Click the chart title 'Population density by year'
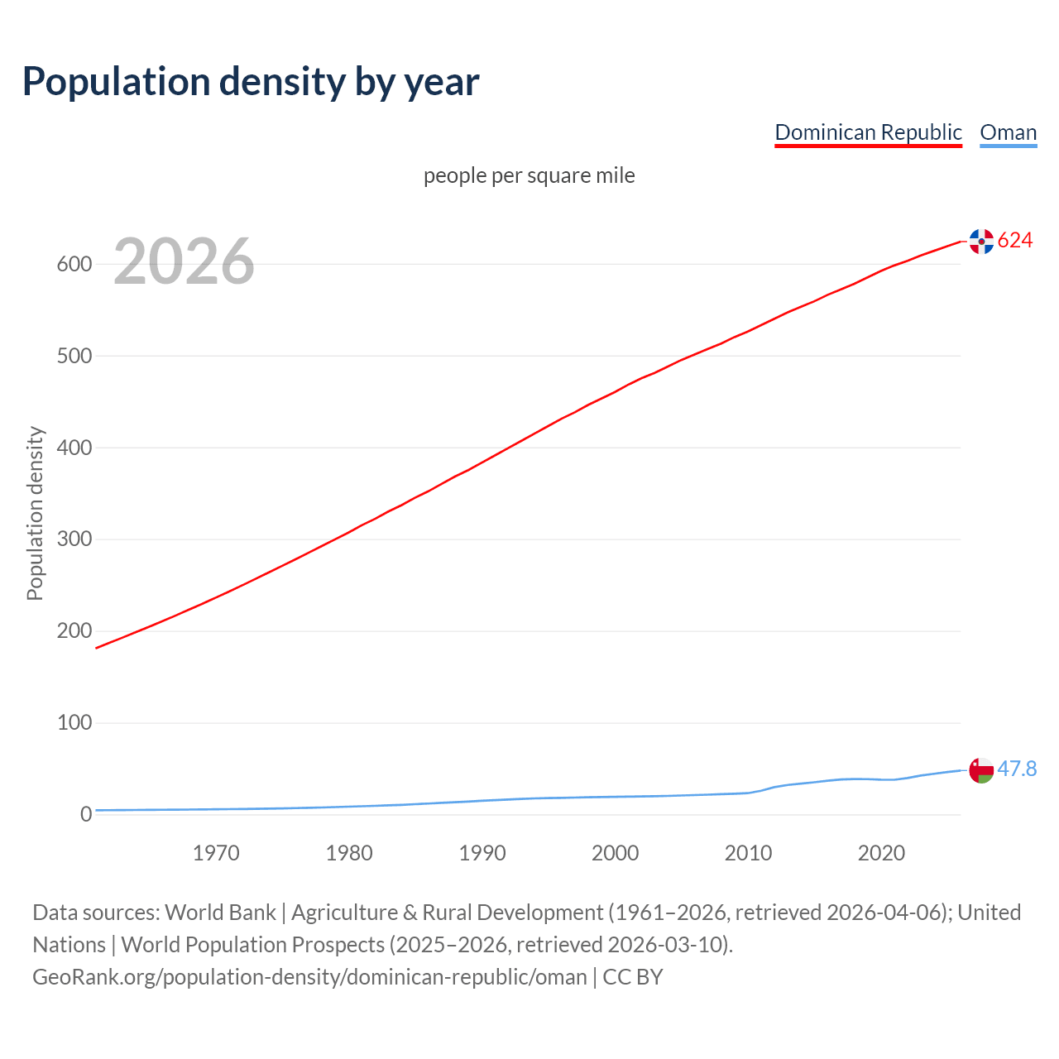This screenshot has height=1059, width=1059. pyautogui.click(x=251, y=81)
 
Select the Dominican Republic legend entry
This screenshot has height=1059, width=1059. pyautogui.click(x=868, y=132)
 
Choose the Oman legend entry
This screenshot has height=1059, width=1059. pyautogui.click(x=1008, y=132)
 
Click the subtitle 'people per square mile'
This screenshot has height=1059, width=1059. pyautogui.click(x=529, y=175)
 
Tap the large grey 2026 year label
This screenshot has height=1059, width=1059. pyautogui.click(x=184, y=262)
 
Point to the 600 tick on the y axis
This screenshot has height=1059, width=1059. pyautogui.click(x=74, y=264)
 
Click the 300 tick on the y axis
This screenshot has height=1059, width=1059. pyautogui.click(x=74, y=539)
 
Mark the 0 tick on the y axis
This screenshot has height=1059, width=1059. pyautogui.click(x=86, y=814)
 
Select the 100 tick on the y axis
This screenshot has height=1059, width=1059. pyautogui.click(x=74, y=722)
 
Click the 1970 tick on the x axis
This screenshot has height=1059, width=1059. pyautogui.click(x=216, y=853)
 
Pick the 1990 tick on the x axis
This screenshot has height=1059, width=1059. pyautogui.click(x=482, y=853)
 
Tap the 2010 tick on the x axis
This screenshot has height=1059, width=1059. pyautogui.click(x=748, y=853)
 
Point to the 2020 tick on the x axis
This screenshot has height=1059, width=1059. pyautogui.click(x=881, y=853)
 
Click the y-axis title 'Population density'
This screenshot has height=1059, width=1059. pyautogui.click(x=35, y=513)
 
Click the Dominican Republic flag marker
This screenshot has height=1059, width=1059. pyautogui.click(x=981, y=241)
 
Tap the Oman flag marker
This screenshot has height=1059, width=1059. pyautogui.click(x=981, y=769)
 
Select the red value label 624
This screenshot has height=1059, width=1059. pyautogui.click(x=1015, y=240)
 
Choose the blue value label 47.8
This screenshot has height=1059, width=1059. pyautogui.click(x=1017, y=769)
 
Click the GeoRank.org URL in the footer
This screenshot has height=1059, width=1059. pyautogui.click(x=309, y=977)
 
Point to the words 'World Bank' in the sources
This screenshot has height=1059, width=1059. pyautogui.click(x=220, y=913)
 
